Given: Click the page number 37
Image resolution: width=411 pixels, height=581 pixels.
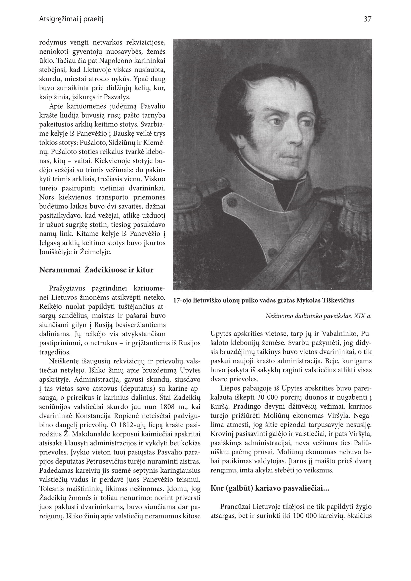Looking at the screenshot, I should (x=367, y=19).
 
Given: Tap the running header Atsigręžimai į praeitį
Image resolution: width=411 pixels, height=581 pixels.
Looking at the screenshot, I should (x=71, y=19).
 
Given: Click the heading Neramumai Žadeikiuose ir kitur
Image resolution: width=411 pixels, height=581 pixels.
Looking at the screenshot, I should (x=96, y=270).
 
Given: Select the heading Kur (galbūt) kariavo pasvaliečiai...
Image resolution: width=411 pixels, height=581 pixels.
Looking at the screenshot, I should (x=270, y=488).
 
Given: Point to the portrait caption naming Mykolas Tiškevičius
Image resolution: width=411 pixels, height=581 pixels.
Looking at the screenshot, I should (x=264, y=301).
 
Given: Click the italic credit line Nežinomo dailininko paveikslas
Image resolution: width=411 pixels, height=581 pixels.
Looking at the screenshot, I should (x=318, y=316).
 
